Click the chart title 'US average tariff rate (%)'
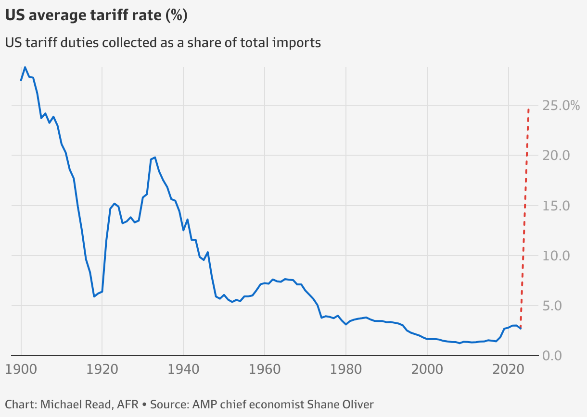(x=96, y=16)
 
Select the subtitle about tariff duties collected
(x=163, y=43)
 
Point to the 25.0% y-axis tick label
(x=561, y=105)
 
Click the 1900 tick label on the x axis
(x=21, y=370)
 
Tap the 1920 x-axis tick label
(x=102, y=370)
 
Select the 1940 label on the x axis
(x=183, y=370)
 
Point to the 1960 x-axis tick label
(x=265, y=370)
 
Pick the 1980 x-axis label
(x=346, y=370)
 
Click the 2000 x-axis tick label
(x=427, y=370)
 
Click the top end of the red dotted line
(x=529, y=109)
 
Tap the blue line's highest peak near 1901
(x=25, y=67)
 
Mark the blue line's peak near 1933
(x=155, y=157)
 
